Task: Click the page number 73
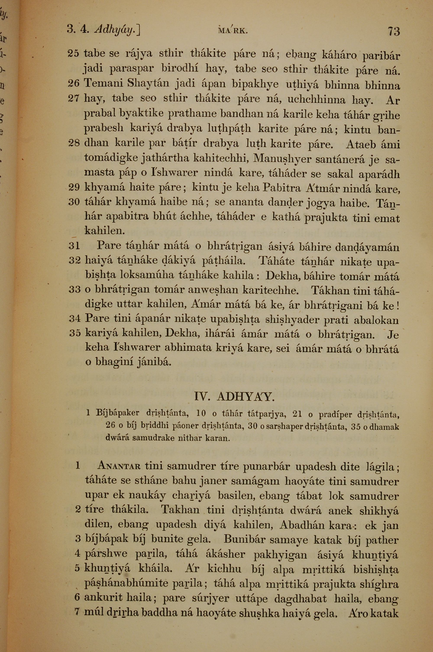(x=394, y=31)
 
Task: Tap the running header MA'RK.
(x=232, y=30)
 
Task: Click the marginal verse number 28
(x=74, y=143)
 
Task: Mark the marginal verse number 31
(x=74, y=246)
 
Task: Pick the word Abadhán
(x=300, y=525)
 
